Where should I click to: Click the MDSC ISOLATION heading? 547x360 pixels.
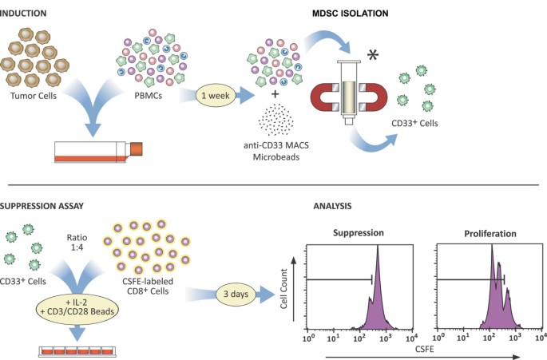pyautogui.click(x=351, y=14)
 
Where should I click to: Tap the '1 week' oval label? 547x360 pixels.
pyautogui.click(x=216, y=95)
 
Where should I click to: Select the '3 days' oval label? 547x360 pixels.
pyautogui.click(x=236, y=294)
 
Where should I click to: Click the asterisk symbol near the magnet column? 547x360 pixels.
pyautogui.click(x=373, y=55)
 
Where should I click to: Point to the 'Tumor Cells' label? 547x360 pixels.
pyautogui.click(x=34, y=96)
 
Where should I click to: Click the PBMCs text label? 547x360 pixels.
pyautogui.click(x=149, y=95)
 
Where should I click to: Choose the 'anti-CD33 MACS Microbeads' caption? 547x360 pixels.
pyautogui.click(x=276, y=151)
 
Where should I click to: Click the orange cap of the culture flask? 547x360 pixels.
pyautogui.click(x=137, y=148)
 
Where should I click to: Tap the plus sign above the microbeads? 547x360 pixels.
pyautogui.click(x=275, y=94)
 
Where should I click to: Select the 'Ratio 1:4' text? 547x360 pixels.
pyautogui.click(x=77, y=243)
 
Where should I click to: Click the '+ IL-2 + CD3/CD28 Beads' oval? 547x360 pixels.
pyautogui.click(x=77, y=307)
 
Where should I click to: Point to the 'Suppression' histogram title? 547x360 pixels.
pyautogui.click(x=359, y=233)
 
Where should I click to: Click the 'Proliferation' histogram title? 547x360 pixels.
pyautogui.click(x=490, y=234)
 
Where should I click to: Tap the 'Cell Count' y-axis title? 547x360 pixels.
pyautogui.click(x=284, y=288)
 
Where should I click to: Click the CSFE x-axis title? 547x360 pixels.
pyautogui.click(x=425, y=349)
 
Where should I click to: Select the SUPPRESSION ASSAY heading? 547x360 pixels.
pyautogui.click(x=42, y=206)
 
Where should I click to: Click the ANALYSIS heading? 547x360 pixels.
pyautogui.click(x=332, y=206)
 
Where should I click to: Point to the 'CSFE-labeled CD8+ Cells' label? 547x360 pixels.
pyautogui.click(x=148, y=287)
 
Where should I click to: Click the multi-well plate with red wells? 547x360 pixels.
pyautogui.click(x=77, y=351)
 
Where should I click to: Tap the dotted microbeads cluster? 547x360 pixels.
pyautogui.click(x=275, y=120)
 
